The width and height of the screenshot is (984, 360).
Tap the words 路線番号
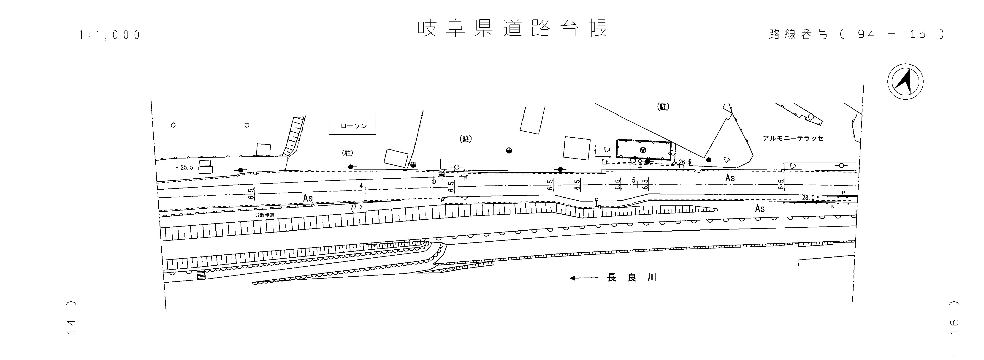pyautogui.click(x=798, y=34)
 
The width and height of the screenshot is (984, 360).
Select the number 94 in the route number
pyautogui.click(x=866, y=34)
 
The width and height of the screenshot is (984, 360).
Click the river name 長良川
pyautogui.click(x=632, y=278)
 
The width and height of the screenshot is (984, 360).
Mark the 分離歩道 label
pyautogui.click(x=265, y=215)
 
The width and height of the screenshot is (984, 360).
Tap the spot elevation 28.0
pyautogui.click(x=808, y=198)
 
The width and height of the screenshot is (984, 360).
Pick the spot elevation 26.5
pyautogui.click(x=685, y=162)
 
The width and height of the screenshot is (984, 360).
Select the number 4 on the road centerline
pyautogui.click(x=361, y=186)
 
